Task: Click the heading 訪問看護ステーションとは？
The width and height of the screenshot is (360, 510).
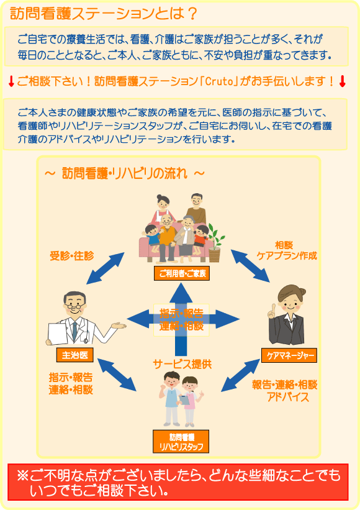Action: (x=104, y=14)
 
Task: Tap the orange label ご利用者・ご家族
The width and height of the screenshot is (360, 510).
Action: (x=182, y=273)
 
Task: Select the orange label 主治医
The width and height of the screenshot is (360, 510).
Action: (x=74, y=355)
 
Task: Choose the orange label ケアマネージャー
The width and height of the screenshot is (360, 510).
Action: (x=289, y=355)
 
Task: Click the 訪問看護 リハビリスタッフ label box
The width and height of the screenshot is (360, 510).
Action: (x=181, y=442)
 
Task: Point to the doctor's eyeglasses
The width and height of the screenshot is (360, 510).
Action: (x=74, y=306)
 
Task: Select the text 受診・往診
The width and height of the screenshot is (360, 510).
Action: (x=71, y=256)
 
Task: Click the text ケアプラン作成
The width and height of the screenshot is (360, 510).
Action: (x=287, y=256)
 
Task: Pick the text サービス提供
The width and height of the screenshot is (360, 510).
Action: (x=182, y=364)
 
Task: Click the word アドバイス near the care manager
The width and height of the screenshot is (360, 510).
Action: (x=288, y=397)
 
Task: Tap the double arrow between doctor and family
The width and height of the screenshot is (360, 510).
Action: (x=106, y=268)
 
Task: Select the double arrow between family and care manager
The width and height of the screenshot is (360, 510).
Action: (x=250, y=266)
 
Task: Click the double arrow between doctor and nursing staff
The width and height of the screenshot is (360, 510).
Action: (x=117, y=375)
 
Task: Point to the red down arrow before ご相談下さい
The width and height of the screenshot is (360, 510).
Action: (x=11, y=81)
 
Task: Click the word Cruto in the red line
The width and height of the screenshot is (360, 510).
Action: (x=219, y=81)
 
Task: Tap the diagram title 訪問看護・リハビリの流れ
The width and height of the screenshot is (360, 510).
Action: (x=124, y=173)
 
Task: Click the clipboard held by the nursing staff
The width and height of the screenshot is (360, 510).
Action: (x=184, y=400)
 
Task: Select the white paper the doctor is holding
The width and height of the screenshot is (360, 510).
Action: (x=58, y=334)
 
